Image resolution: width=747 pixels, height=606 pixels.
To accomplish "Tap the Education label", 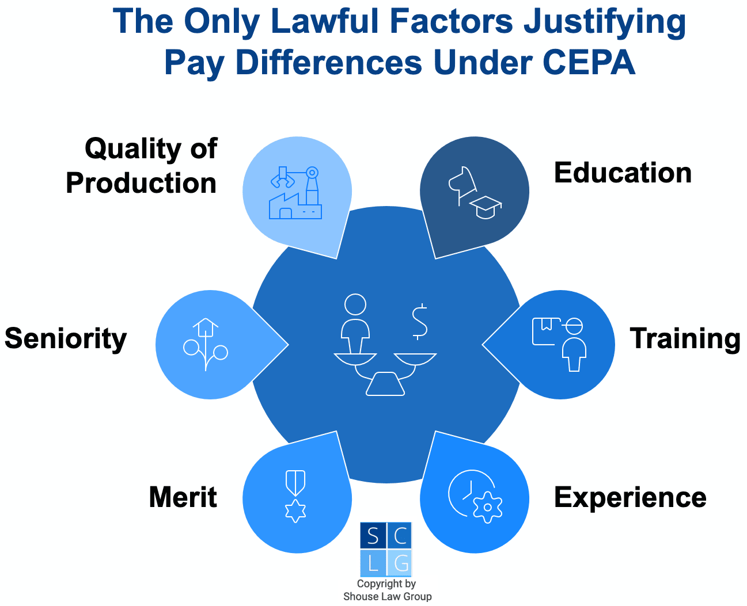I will point(623,173).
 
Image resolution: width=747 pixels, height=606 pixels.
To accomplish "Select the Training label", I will point(685,338).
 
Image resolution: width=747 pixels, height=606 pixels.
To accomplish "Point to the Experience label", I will point(630,497).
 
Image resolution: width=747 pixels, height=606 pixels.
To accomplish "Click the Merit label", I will point(183,497).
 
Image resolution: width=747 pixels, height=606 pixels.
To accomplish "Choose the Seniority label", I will point(66,338).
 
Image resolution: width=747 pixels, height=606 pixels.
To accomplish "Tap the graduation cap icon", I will point(486,206).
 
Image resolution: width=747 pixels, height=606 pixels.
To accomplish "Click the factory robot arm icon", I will point(295,192).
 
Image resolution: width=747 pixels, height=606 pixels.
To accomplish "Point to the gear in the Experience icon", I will point(487,507).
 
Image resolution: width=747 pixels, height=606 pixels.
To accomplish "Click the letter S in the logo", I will point(373,536).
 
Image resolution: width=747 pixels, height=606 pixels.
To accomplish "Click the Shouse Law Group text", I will point(387,597).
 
